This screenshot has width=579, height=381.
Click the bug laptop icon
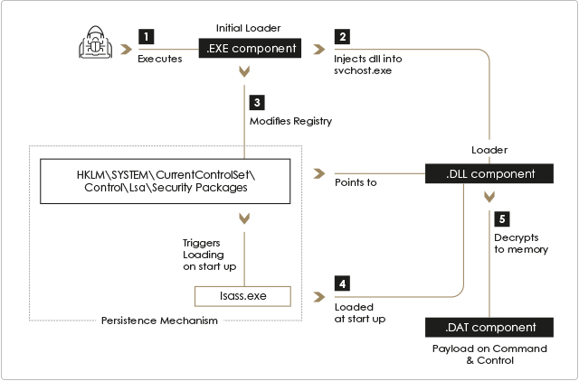(x=95, y=42)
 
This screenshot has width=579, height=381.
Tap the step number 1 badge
(x=147, y=36)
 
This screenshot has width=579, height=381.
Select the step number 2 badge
(x=342, y=36)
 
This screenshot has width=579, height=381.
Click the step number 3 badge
(x=257, y=103)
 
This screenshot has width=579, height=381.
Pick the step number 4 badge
(x=342, y=283)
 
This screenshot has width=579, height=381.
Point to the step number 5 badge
(x=502, y=218)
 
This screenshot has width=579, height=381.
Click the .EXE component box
(x=250, y=48)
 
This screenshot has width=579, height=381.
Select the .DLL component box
(x=489, y=173)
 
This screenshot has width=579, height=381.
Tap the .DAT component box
(x=489, y=327)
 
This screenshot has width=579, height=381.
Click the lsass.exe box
(x=242, y=296)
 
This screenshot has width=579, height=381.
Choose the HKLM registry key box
(x=165, y=181)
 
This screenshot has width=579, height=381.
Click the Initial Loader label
(x=248, y=28)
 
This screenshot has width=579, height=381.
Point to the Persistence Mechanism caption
(x=159, y=321)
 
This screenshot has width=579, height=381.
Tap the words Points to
(x=356, y=182)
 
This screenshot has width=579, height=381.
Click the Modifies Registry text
(x=290, y=121)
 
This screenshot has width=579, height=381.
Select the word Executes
(x=160, y=59)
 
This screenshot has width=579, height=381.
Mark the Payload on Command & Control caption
(x=489, y=355)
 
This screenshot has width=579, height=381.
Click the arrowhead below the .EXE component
(x=244, y=71)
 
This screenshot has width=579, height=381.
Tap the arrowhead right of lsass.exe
(x=319, y=297)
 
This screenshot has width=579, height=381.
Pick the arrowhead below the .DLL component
(x=489, y=197)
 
